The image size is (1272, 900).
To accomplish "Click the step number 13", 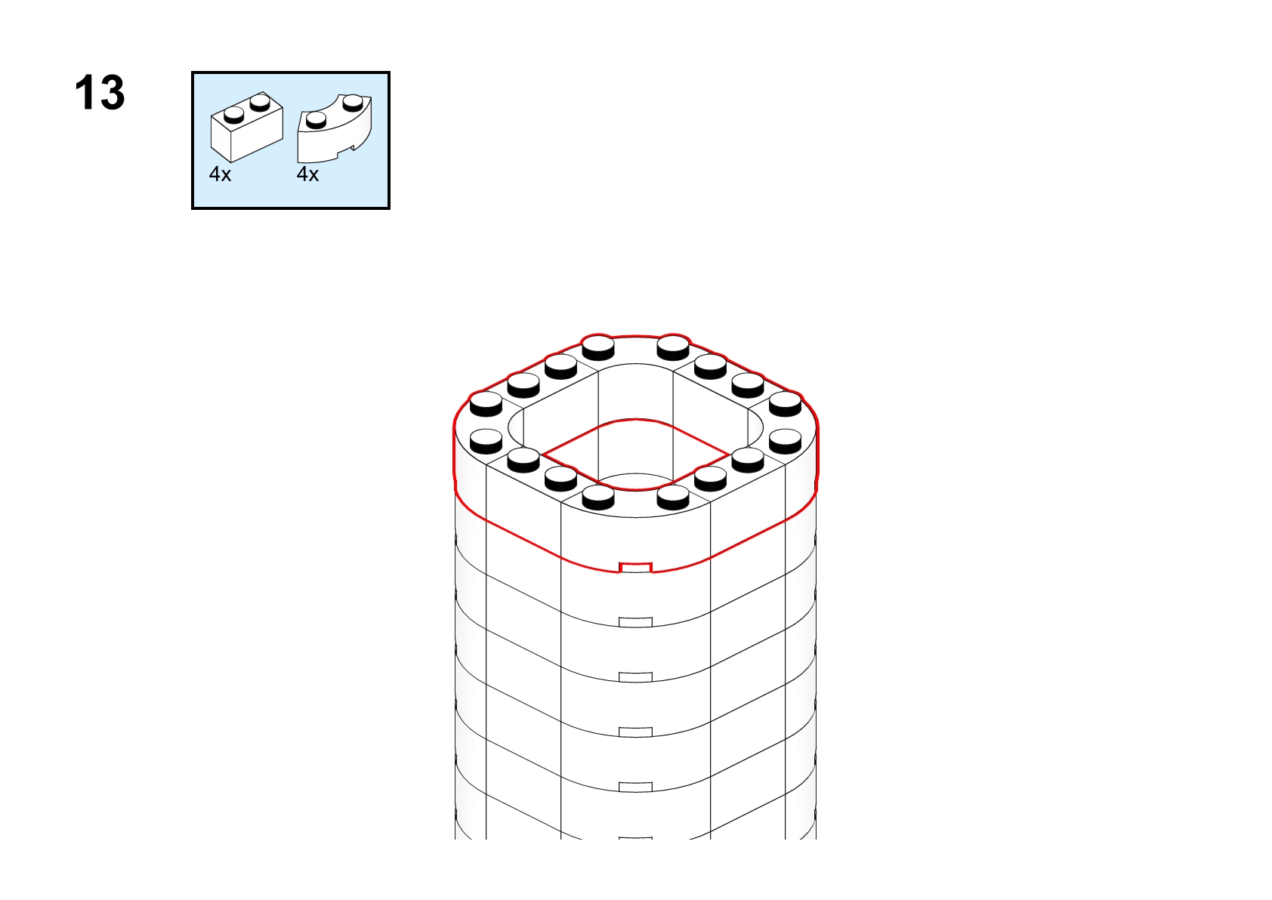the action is point(100,92).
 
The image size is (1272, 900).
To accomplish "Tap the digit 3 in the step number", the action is point(112,92).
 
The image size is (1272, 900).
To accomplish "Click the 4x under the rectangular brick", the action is point(221,174).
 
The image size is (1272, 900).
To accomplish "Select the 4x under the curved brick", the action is point(307,174).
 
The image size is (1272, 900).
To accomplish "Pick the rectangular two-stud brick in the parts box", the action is point(246,127).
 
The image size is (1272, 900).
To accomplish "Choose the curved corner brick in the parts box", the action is point(335,129).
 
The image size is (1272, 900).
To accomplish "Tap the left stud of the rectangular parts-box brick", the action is point(234,116).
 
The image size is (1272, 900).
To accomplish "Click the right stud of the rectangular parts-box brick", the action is point(260,102).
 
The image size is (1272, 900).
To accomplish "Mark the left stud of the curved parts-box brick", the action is point(316,120).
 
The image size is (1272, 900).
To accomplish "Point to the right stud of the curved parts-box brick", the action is point(353,102).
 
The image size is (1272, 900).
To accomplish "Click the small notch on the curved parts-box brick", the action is point(354,147).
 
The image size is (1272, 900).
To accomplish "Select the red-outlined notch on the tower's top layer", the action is point(635,568).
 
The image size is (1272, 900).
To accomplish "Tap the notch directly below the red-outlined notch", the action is point(635,622).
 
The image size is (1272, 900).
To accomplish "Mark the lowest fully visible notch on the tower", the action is point(635,787).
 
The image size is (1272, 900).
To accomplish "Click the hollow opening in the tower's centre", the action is point(635,454).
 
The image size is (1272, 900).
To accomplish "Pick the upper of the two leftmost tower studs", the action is point(486,404).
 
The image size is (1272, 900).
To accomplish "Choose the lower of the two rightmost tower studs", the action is point(786,442).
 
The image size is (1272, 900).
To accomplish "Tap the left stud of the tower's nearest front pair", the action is point(598,497).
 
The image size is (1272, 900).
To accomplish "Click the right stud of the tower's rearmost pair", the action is point(673,347).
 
